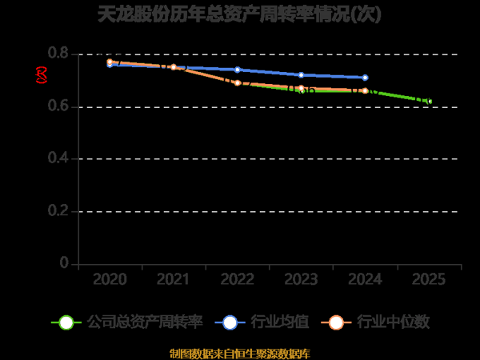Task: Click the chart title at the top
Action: pyautogui.click(x=240, y=15)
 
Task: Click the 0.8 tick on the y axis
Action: pyautogui.click(x=58, y=54)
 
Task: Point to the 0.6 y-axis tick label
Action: pyautogui.click(x=58, y=106)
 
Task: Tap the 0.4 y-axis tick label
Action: pyautogui.click(x=58, y=159)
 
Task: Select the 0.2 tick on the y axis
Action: pyautogui.click(x=58, y=211)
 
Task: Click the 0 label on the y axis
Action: pyautogui.click(x=65, y=264)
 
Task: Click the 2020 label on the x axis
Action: pyautogui.click(x=110, y=279)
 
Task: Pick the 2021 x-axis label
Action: pyautogui.click(x=174, y=279)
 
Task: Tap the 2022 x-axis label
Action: pyautogui.click(x=238, y=279)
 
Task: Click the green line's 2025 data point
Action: pyautogui.click(x=430, y=102)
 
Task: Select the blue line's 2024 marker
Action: pyautogui.click(x=366, y=78)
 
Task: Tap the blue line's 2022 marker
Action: pyautogui.click(x=238, y=70)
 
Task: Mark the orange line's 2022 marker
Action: pyautogui.click(x=238, y=82)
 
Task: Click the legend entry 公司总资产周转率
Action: pyautogui.click(x=127, y=322)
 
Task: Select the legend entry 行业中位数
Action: pyautogui.click(x=376, y=322)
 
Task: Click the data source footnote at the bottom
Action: pyautogui.click(x=240, y=353)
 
